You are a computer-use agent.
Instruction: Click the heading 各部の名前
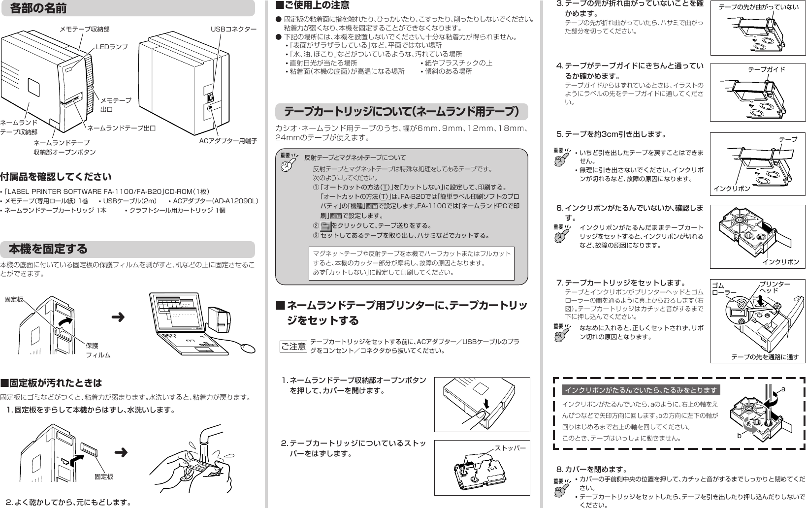38,8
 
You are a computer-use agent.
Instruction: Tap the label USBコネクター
233,29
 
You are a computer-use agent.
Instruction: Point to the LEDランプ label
111,46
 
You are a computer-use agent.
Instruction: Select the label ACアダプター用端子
228,141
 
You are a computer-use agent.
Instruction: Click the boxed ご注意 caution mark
293,347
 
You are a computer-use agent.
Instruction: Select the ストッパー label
510,448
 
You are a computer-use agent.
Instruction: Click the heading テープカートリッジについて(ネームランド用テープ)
401,112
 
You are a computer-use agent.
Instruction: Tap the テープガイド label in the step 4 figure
766,69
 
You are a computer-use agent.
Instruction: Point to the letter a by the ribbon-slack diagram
783,389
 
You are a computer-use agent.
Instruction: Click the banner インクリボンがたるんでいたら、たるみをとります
641,390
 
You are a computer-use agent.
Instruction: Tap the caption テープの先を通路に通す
765,357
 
